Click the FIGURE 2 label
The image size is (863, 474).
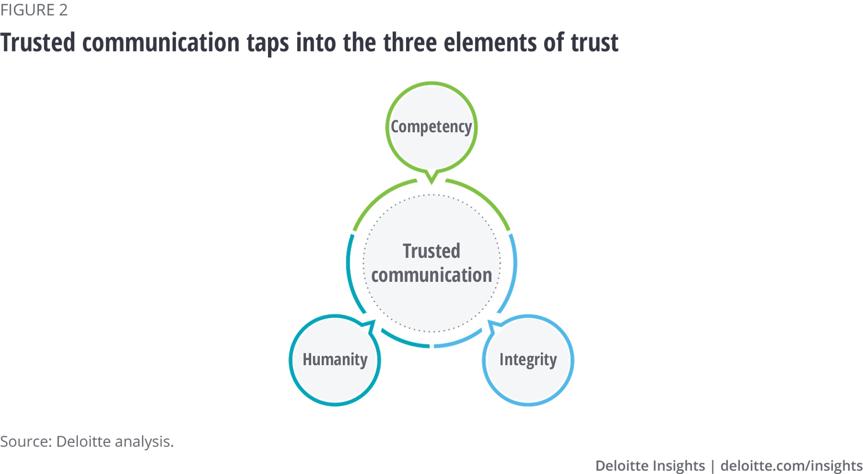[34, 10]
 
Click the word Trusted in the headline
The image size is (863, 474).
[38, 43]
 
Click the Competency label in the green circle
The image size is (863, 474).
[431, 127]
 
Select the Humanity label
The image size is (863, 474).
[335, 359]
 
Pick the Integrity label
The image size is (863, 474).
[528, 360]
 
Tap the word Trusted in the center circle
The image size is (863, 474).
[431, 251]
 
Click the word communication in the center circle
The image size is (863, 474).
[431, 275]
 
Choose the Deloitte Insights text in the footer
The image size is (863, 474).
[650, 466]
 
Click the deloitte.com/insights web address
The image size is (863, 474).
[791, 466]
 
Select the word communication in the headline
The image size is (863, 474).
[161, 43]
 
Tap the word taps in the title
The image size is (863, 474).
[268, 43]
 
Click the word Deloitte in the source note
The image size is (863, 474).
[83, 442]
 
